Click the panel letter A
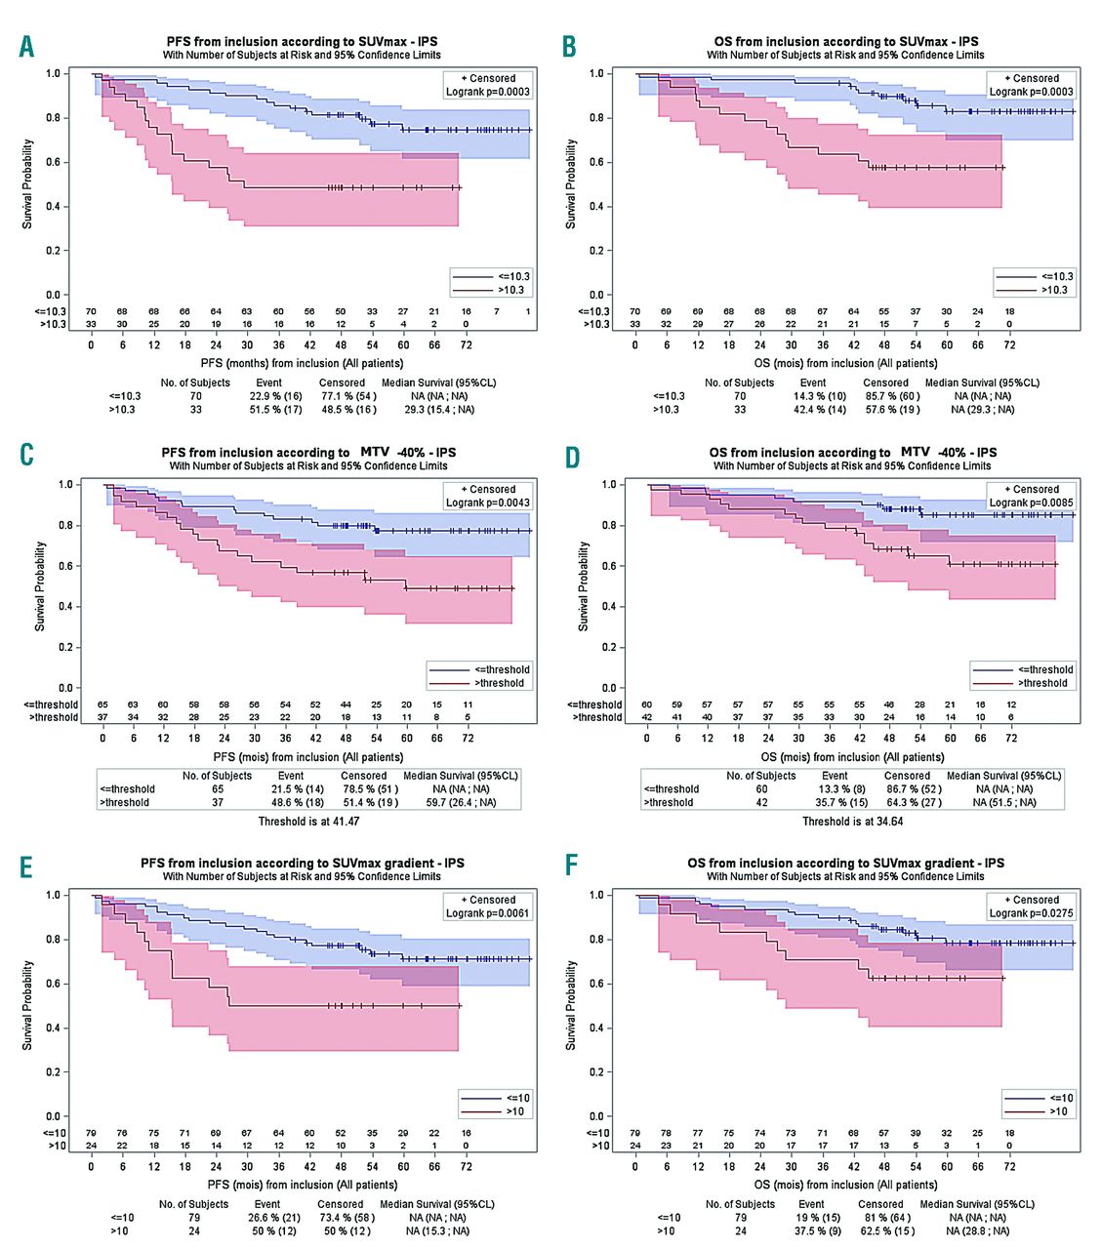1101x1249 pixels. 26,46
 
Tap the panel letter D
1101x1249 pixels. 573,457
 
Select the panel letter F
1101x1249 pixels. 572,866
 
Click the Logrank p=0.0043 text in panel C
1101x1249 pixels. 488,504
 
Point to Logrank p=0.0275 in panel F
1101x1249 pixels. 1031,914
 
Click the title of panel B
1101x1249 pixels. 845,42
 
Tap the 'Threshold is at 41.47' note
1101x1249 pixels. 308,822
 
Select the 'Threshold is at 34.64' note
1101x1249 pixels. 852,822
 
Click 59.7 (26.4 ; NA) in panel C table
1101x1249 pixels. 461,803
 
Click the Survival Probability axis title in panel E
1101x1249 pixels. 28,1005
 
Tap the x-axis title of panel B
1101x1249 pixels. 845,364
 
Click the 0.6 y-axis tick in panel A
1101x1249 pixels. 53,162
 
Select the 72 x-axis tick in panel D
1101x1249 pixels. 1011,739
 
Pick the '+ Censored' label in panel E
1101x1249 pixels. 488,901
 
